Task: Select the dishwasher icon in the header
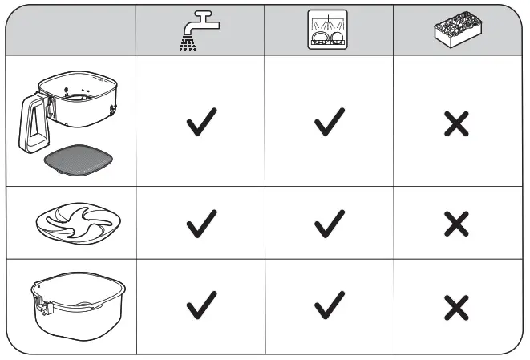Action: pos(328,30)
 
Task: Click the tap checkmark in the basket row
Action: pos(201,123)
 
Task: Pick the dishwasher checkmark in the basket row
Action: pos(329,123)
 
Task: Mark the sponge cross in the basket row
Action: pos(456,123)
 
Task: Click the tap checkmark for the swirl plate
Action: pos(201,224)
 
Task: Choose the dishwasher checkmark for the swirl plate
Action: pos(329,224)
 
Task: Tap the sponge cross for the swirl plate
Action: pos(456,224)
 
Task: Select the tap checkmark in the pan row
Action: pos(201,305)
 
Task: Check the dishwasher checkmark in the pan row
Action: pos(329,305)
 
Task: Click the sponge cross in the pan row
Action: pos(456,306)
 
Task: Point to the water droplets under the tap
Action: pos(190,44)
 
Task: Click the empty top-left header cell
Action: pos(71,30)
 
